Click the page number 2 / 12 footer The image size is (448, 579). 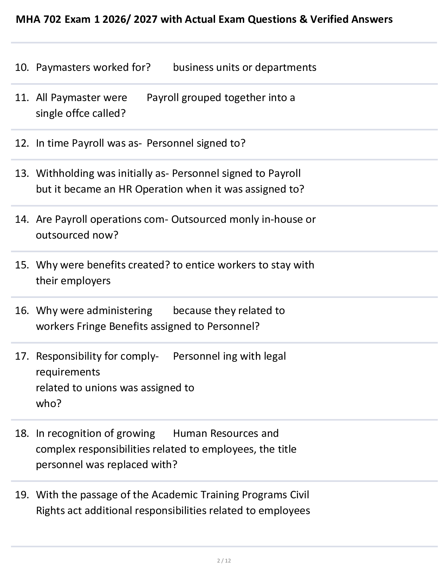click(224, 560)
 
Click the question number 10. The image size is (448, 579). click(21, 67)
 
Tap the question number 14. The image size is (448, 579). click(21, 219)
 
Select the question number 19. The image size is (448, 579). click(21, 495)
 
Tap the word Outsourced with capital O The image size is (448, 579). click(199, 219)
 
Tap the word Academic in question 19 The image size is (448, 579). click(174, 495)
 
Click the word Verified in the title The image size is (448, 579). click(329, 19)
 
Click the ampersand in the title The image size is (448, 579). click(303, 19)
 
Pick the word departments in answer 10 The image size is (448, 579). click(286, 67)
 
